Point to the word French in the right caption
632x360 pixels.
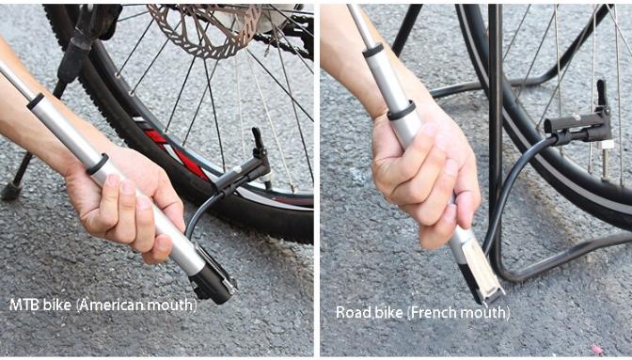(434, 312)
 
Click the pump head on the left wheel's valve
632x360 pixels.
(245, 169)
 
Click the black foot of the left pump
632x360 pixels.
(213, 279)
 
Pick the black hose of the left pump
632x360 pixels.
(200, 212)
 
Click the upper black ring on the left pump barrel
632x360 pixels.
(35, 102)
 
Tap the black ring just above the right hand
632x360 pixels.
(401, 111)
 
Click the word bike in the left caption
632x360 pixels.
(57, 305)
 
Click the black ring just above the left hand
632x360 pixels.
(98, 164)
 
